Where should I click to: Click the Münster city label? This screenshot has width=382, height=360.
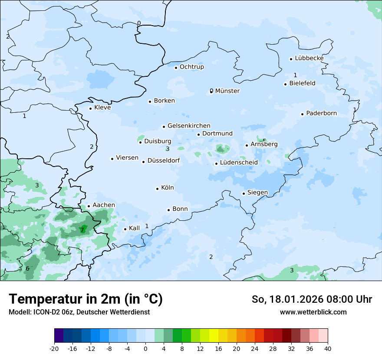tap(227, 91)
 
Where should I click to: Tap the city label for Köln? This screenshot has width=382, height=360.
tap(167, 188)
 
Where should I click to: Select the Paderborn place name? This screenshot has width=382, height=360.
tap(321, 113)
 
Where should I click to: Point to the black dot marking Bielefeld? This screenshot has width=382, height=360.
tap(286, 84)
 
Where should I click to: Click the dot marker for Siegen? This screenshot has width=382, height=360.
tap(244, 193)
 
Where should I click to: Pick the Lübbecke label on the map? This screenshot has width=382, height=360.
tap(309, 58)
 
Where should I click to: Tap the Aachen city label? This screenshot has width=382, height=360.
tap(104, 205)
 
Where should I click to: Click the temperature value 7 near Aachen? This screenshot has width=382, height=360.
tap(82, 230)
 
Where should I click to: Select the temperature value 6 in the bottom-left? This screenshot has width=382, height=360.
tap(27, 268)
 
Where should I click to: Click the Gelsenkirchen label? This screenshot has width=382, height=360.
tap(189, 126)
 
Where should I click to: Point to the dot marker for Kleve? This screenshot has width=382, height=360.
tap(91, 108)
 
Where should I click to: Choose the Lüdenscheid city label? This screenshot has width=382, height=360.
tap(239, 163)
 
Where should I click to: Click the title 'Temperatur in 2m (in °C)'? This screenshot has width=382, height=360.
tap(86, 299)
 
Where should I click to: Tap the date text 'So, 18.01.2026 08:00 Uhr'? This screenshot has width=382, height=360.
tap(312, 299)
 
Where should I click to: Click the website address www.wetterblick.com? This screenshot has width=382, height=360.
tap(313, 312)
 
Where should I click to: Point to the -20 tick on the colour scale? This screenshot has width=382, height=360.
tap(54, 348)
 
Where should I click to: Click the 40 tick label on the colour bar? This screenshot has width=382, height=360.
tap(328, 348)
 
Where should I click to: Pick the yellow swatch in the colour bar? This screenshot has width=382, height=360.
tap(214, 336)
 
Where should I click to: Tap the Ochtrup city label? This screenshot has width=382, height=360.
tap(191, 67)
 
